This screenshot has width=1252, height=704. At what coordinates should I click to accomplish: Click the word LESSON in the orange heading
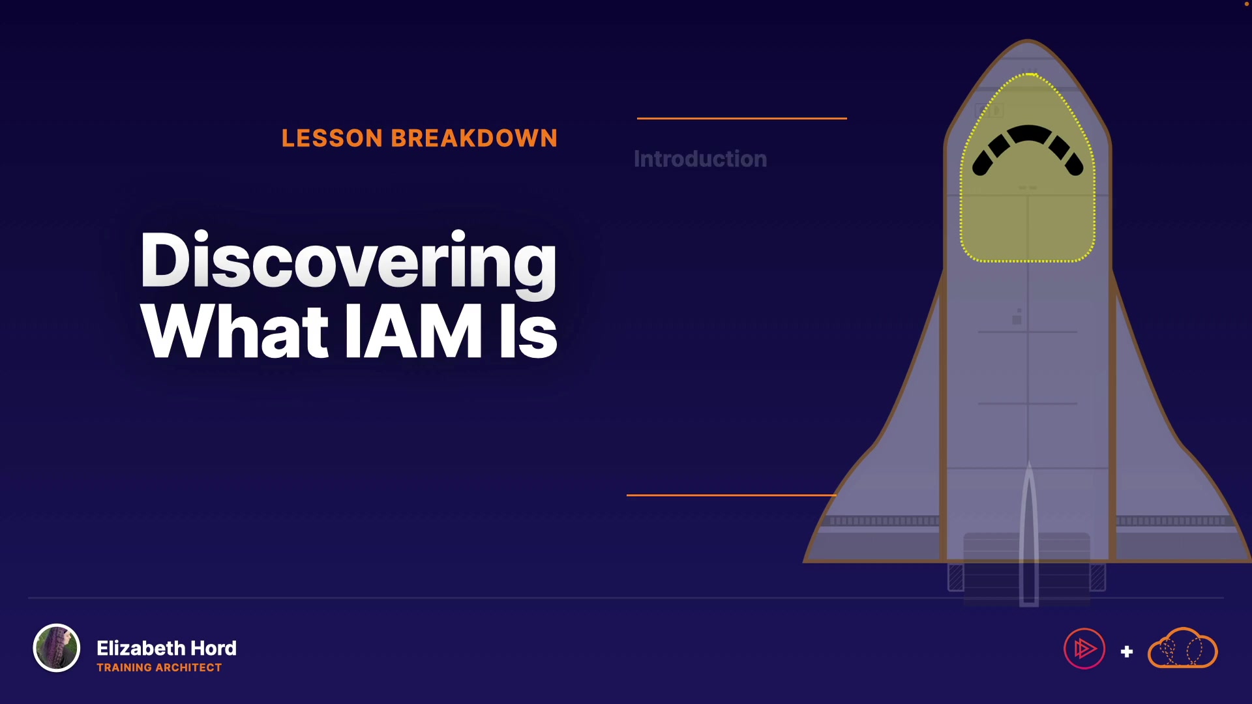pos(332,138)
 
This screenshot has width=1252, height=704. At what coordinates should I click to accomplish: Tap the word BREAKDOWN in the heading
pos(474,138)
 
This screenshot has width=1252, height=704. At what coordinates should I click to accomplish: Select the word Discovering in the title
pos(348,261)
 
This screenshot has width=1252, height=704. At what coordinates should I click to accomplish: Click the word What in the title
pos(234,331)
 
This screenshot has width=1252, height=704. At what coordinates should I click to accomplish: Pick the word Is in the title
pos(528,331)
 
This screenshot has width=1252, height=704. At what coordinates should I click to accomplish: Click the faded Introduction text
pos(700,159)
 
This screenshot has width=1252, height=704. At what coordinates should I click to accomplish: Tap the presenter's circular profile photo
pos(57,648)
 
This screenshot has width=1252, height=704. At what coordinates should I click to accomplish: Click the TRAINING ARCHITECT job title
pos(159,667)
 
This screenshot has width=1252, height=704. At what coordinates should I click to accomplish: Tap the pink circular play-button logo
pos(1084,649)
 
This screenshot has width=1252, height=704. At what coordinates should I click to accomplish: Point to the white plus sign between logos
pos(1127,651)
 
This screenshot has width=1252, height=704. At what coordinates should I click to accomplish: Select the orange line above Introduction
pos(742,118)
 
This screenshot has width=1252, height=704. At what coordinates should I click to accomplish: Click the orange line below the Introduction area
pos(732,495)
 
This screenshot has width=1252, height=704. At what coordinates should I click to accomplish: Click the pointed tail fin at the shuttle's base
pos(1029,535)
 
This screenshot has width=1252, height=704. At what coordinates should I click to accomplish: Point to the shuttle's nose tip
pos(1028,41)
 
